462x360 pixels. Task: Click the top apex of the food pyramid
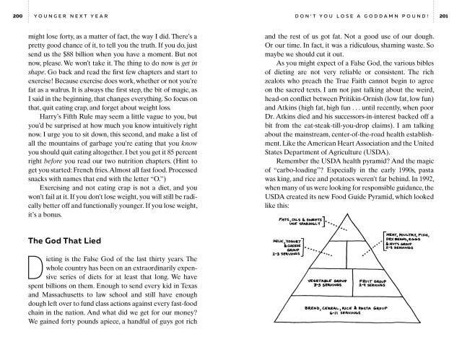tap(354, 214)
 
